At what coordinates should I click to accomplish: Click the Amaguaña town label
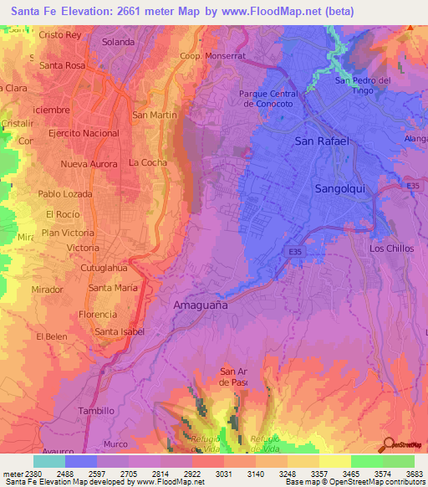coord(200,305)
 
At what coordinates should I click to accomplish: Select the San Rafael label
coord(321,141)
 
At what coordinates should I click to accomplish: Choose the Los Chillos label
coord(391,249)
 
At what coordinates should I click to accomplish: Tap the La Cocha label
coord(148,162)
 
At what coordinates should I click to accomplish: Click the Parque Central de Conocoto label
coord(273,99)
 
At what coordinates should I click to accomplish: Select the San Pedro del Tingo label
coord(364,85)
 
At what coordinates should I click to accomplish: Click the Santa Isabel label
coord(120,331)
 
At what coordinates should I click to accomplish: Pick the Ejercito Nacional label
coord(84,133)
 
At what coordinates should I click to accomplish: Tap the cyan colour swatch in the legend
coord(49,461)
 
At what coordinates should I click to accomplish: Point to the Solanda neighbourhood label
coord(118,41)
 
